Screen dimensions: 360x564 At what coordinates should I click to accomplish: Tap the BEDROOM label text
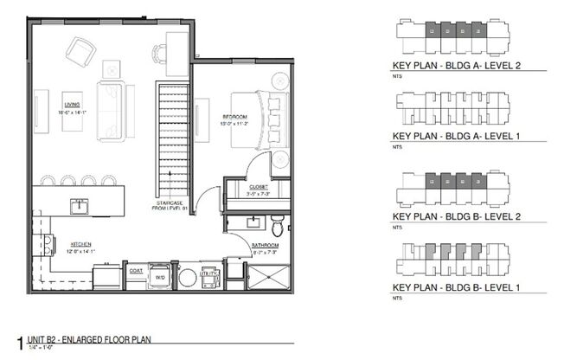point(234,117)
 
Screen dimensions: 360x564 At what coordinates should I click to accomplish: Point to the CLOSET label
point(259,187)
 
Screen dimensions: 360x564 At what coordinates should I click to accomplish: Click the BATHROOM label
point(265,246)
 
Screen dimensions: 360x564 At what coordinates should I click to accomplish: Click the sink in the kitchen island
point(80,206)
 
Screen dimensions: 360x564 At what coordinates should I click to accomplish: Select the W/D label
point(160,277)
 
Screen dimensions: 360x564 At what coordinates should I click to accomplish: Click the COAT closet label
point(136,269)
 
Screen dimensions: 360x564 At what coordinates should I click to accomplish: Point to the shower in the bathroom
point(271,278)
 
